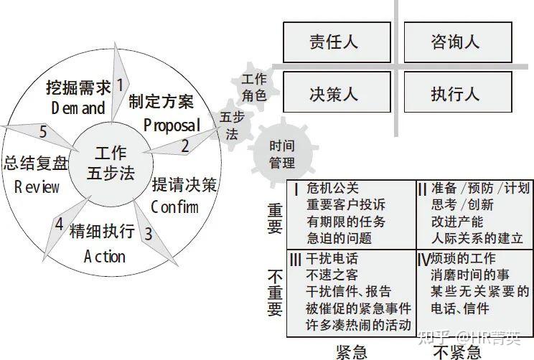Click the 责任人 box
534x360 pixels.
coord(337,42)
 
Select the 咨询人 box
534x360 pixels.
coord(456,42)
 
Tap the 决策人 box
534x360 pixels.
coord(337,94)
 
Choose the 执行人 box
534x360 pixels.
coord(456,94)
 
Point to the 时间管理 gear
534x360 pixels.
coord(281,153)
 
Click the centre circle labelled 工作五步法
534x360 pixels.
coord(110,163)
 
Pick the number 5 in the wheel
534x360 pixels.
coord(43,133)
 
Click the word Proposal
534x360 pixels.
coord(172,125)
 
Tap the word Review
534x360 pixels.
coord(37,187)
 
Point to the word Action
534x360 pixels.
coord(104,256)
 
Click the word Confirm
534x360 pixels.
coord(174,208)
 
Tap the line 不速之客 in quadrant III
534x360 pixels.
coord(332,275)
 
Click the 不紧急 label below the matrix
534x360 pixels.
coord(456,351)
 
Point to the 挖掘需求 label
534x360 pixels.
coord(79,88)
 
